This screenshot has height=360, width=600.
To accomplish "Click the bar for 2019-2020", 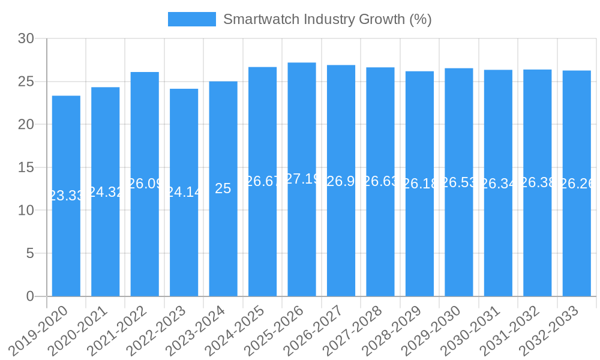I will (x=66, y=240).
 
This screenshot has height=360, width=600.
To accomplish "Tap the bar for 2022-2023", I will (x=184, y=240).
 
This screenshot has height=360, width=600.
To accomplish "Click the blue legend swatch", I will (x=192, y=19).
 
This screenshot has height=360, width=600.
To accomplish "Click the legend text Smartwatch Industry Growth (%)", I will (x=327, y=19).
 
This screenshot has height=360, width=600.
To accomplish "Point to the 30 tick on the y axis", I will (x=26, y=39).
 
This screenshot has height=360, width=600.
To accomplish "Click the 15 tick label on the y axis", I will (x=26, y=167).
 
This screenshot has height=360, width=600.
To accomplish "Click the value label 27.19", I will (x=302, y=179).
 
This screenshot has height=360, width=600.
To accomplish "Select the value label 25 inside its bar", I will (x=223, y=188).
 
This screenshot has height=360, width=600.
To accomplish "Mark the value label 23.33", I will (x=66, y=196).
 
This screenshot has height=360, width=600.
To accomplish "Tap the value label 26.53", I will (x=459, y=182).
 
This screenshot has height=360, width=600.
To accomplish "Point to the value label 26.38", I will (x=538, y=182).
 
